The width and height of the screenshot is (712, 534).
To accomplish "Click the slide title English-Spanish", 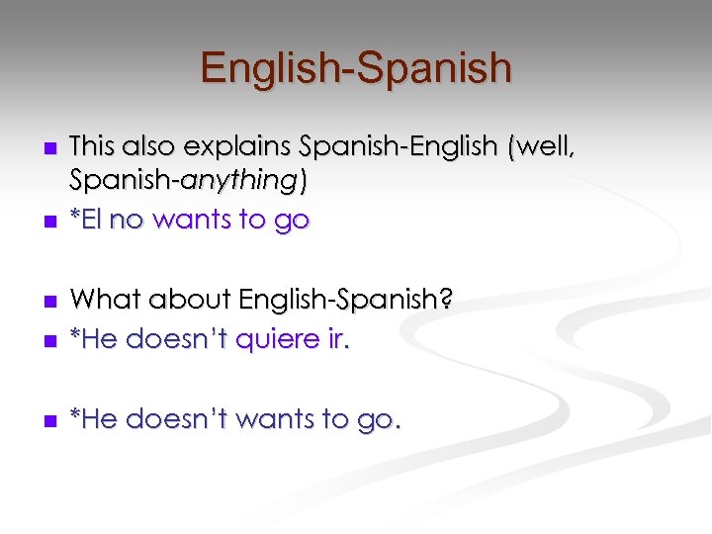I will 356,68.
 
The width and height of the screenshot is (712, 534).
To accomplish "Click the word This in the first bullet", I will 93,147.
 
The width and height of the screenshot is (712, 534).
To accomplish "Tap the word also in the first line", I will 150,147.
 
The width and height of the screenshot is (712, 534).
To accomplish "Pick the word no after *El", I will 127,220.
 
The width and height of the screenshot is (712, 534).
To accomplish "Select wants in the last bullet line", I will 283,419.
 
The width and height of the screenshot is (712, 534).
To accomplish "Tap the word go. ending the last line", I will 379,419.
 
